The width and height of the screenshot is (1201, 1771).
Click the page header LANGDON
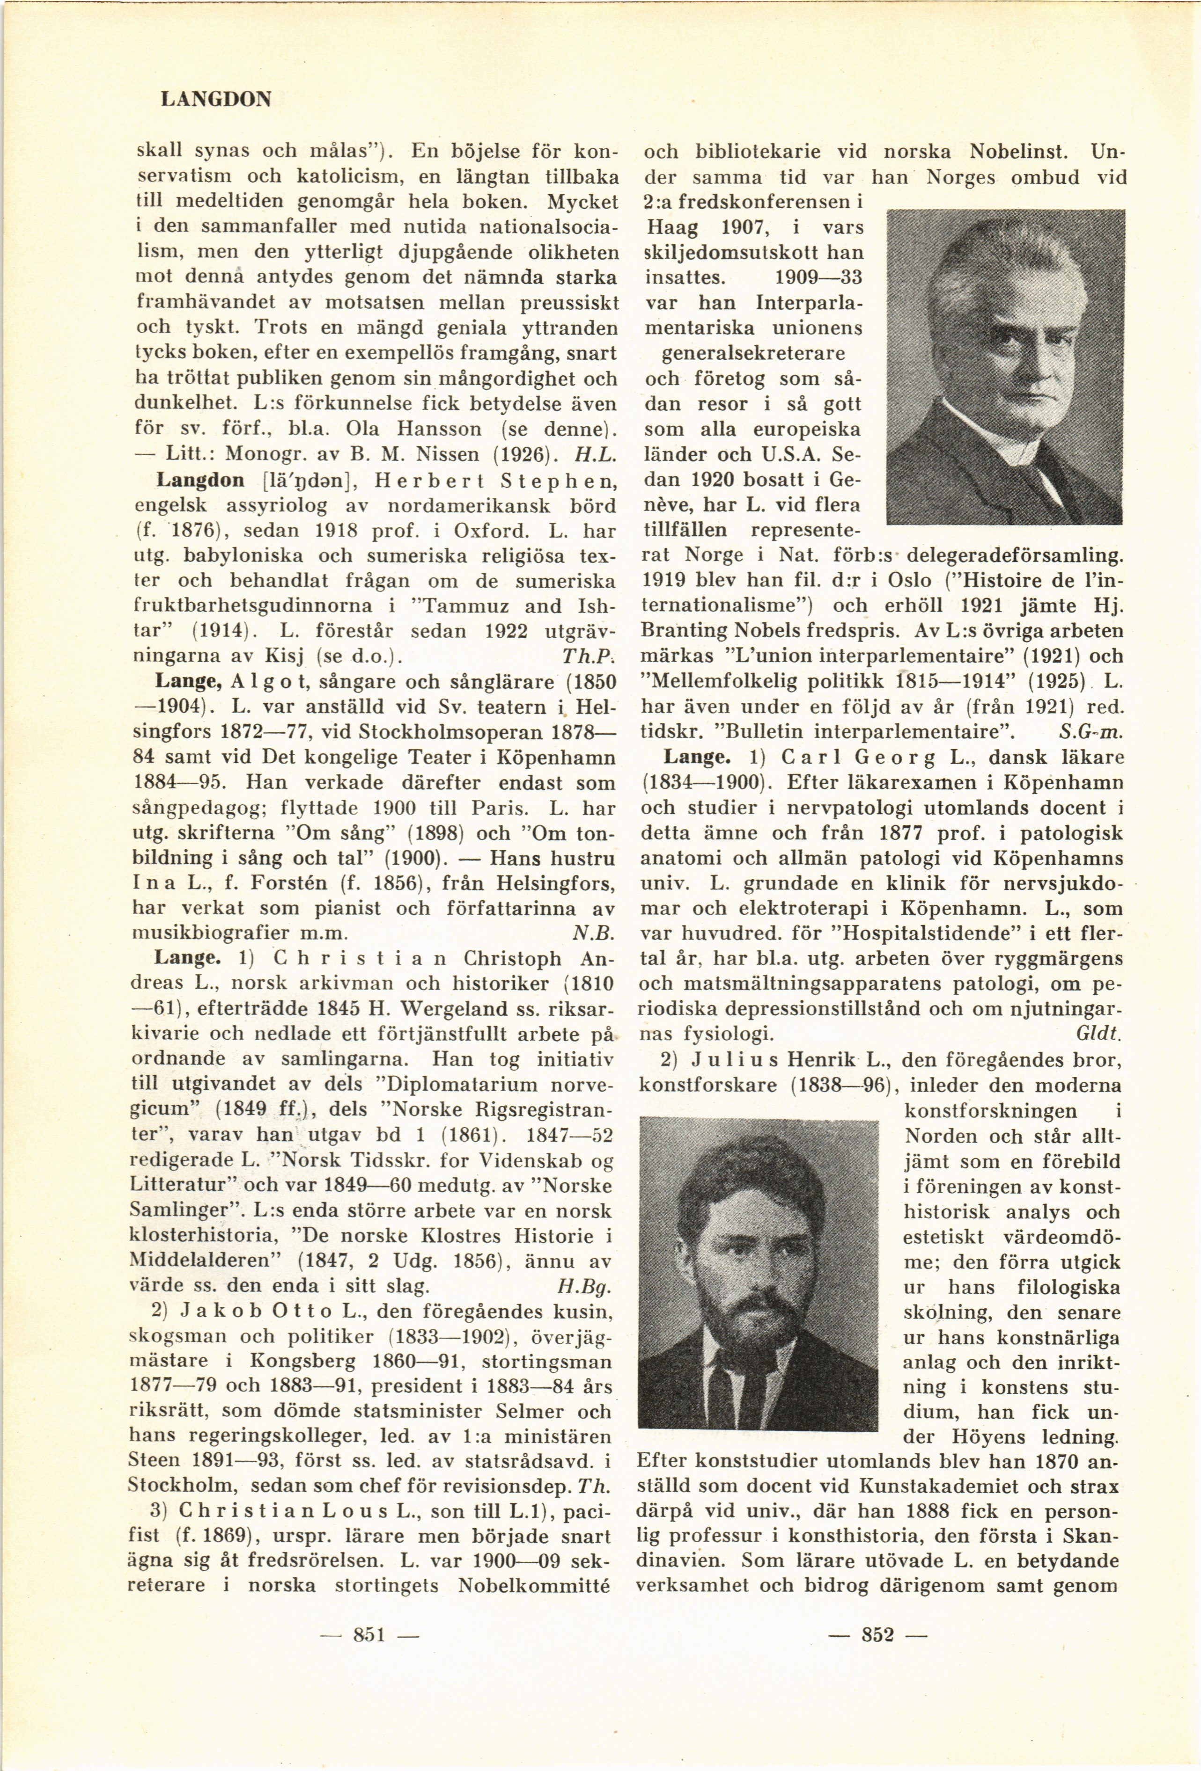point(217,100)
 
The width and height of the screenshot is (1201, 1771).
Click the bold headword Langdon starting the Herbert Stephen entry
point(200,481)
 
